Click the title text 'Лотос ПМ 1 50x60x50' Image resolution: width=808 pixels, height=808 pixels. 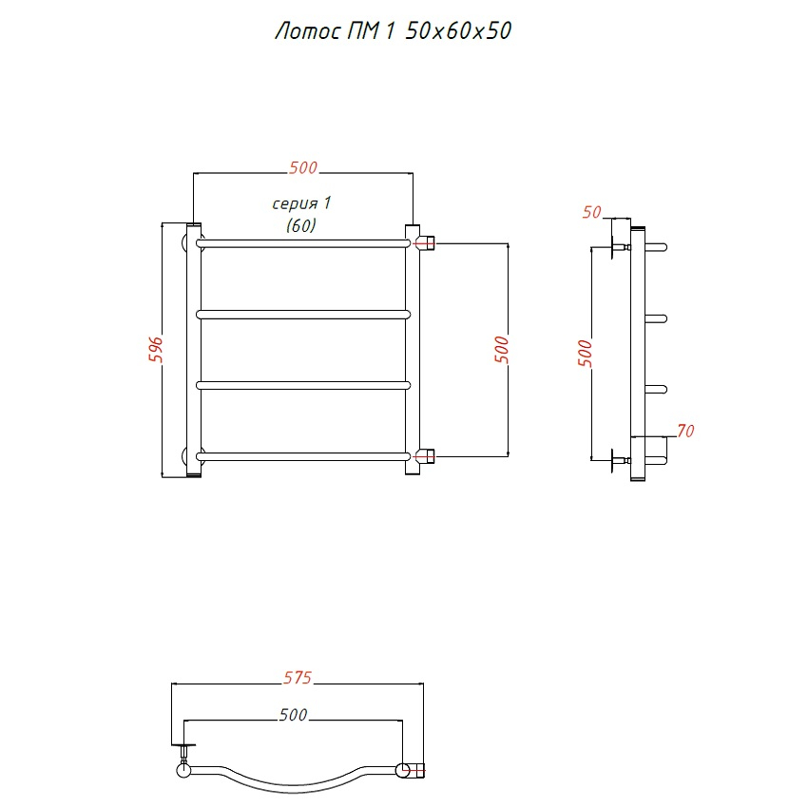click(394, 31)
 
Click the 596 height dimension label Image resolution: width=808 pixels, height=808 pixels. click(156, 350)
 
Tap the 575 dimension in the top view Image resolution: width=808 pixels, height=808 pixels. click(298, 677)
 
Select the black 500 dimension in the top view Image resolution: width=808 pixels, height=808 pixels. click(293, 714)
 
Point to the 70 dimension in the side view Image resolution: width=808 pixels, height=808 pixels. click(686, 431)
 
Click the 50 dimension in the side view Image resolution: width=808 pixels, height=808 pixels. click(591, 212)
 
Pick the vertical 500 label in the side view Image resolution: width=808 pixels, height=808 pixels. click(586, 353)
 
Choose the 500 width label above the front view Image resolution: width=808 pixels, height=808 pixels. click(303, 167)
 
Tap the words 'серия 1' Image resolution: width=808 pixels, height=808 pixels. click(301, 203)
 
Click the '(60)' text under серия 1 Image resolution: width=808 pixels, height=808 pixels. click(301, 225)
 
